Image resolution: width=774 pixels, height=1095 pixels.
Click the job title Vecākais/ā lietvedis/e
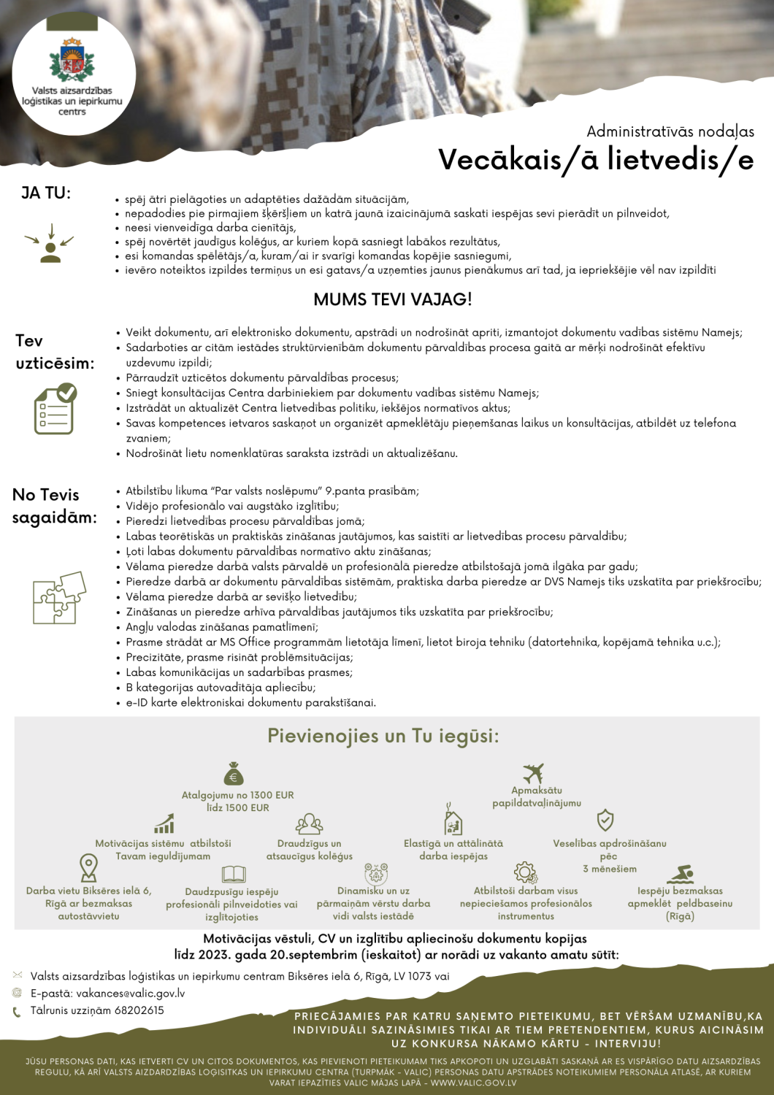(595, 160)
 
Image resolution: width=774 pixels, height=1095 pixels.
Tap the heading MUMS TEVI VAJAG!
(392, 299)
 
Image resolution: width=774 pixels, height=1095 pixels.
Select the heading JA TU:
(46, 193)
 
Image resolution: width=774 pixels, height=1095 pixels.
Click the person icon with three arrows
(50, 244)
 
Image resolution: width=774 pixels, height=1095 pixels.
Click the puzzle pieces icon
(59, 597)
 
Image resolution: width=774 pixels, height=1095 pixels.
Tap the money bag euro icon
(234, 773)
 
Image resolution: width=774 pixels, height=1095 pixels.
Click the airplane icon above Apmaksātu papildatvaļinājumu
(534, 773)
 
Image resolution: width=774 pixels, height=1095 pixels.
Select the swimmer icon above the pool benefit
(681, 874)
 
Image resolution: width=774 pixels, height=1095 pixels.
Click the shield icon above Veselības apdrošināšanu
(605, 820)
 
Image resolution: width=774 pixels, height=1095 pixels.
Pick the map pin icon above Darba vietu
(88, 867)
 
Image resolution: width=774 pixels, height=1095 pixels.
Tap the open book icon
(234, 874)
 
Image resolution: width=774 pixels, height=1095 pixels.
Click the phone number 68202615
(139, 1010)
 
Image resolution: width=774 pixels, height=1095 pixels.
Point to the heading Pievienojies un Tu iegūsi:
(383, 736)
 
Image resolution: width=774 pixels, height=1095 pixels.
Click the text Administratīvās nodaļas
(670, 132)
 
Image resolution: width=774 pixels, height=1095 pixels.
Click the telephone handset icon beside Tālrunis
(17, 1012)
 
